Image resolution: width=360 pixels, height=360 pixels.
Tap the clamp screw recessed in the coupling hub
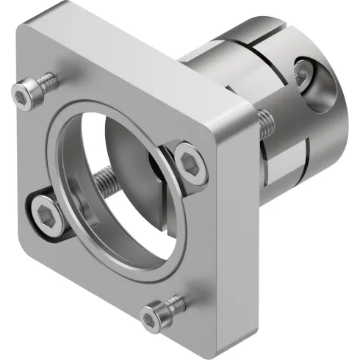(x=303, y=73)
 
